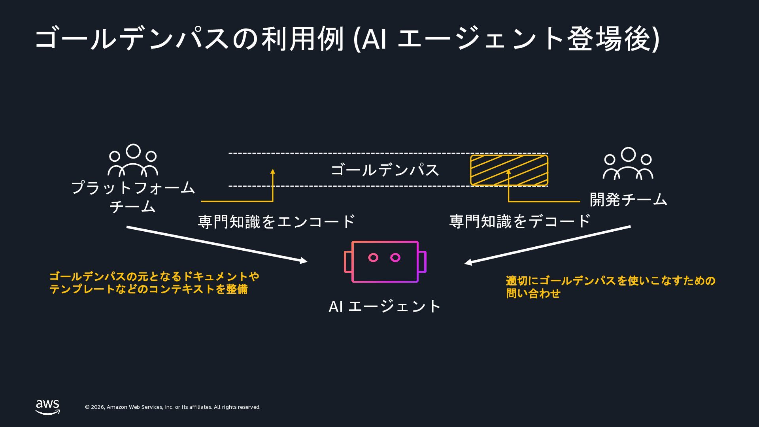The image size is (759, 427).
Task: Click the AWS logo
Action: (47, 407)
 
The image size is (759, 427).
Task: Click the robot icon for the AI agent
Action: (385, 242)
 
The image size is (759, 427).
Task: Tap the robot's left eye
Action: (373, 258)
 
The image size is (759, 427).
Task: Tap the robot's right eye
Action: (395, 258)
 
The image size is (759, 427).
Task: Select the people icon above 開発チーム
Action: (628, 164)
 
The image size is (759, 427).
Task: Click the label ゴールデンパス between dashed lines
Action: (385, 170)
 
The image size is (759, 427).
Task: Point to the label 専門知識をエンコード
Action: (276, 221)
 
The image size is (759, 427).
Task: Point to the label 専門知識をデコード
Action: (520, 221)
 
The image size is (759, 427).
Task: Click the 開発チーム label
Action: (628, 200)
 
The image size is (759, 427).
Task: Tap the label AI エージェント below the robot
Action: (385, 306)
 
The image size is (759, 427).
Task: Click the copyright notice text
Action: (173, 407)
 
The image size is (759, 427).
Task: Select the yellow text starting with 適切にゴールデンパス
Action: (611, 287)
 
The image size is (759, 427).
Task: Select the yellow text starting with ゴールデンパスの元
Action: (154, 283)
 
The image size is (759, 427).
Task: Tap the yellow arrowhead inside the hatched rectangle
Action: (508, 172)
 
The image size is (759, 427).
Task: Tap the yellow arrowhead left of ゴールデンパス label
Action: (272, 172)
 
